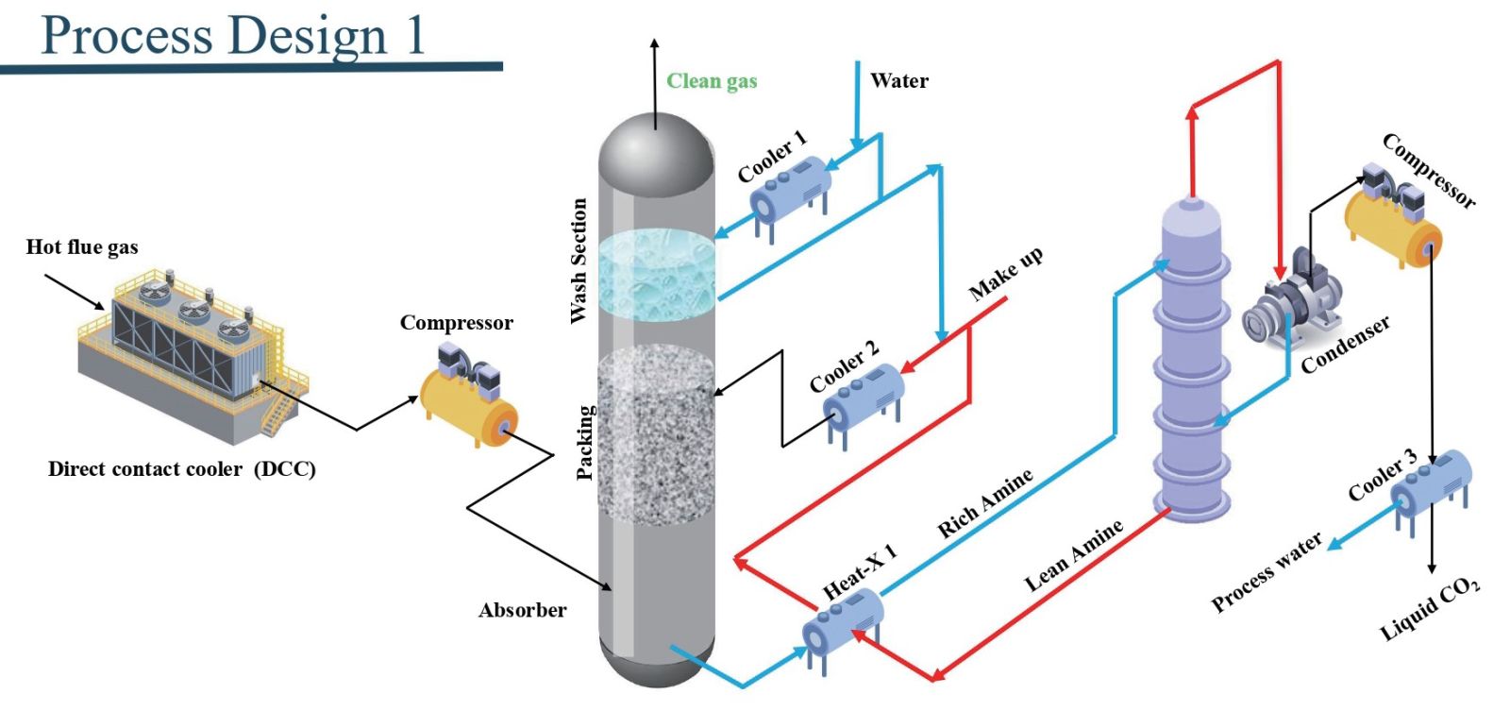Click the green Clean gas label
click(712, 81)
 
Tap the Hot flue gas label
click(82, 247)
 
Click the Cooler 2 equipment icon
click(864, 396)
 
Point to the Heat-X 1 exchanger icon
click(842, 623)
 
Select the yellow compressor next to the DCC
click(467, 400)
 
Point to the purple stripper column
click(1192, 359)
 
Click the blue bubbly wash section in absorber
click(657, 274)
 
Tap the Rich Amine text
click(984, 503)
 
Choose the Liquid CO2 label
click(1430, 609)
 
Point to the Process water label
click(1267, 572)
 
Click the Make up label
click(1006, 273)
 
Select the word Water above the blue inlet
click(898, 81)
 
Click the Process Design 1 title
click(233, 36)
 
